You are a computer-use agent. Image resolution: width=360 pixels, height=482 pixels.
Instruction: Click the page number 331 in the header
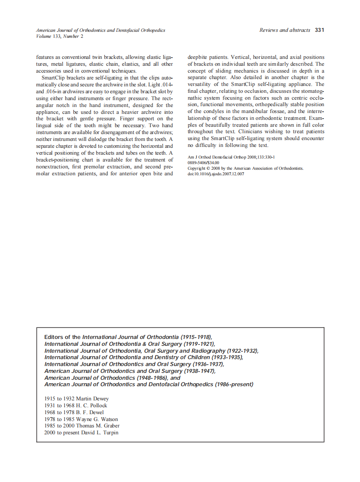coord(319,30)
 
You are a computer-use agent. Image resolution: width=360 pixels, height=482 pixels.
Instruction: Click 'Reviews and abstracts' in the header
coord(284,30)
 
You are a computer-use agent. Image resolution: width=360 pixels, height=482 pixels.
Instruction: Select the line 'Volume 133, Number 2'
coord(60,36)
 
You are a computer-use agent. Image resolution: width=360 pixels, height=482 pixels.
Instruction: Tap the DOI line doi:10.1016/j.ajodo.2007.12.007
coord(216,174)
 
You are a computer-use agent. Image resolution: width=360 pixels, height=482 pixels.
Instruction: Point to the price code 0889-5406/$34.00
coord(204,163)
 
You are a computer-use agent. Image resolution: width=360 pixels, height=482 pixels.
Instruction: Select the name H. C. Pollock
coord(92,405)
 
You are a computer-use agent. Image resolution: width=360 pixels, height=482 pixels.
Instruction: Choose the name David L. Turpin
coord(100,433)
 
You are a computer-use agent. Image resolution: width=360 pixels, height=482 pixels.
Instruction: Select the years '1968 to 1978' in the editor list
coord(59,412)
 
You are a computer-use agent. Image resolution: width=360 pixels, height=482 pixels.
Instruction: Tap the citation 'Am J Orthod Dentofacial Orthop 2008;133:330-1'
coord(231,157)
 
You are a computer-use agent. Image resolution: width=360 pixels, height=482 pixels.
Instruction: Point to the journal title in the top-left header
coord(101,31)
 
